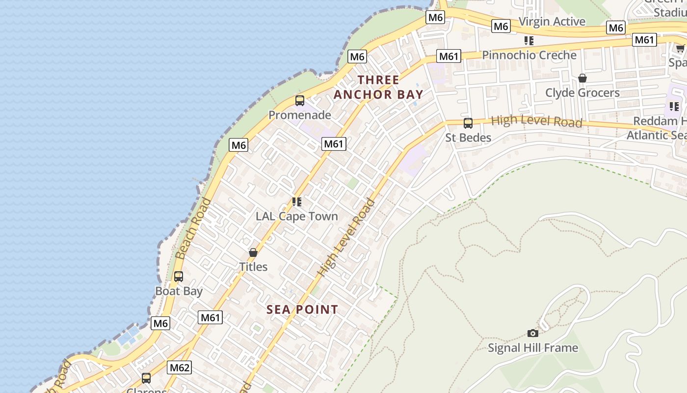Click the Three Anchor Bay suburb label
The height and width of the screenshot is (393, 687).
coord(378,87)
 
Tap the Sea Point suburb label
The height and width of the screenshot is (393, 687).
coord(302,309)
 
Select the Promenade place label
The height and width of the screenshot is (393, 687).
coord(299,115)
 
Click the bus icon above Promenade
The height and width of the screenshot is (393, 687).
coord(300,101)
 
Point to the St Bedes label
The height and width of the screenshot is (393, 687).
coord(468,138)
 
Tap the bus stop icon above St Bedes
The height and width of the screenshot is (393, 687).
coord(468,123)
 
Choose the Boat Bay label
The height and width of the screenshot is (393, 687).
coord(179,291)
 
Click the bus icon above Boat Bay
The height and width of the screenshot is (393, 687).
coord(179,277)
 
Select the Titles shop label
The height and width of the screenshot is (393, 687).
coord(253,267)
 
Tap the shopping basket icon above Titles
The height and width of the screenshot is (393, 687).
coord(253,253)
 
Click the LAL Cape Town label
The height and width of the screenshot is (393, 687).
coord(297,216)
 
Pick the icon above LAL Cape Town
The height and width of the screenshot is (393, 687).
coord(297,201)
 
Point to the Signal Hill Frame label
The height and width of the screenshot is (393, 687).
coord(533,348)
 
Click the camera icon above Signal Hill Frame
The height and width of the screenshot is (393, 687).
coord(533,333)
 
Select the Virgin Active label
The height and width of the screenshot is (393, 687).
coord(552,22)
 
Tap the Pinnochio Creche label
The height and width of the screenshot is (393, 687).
coord(529,55)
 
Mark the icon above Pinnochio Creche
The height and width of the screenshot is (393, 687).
coord(529,40)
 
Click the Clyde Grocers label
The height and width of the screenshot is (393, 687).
coord(582,92)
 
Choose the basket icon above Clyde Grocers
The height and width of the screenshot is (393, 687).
coord(582,78)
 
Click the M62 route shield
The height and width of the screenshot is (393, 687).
coord(179,367)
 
